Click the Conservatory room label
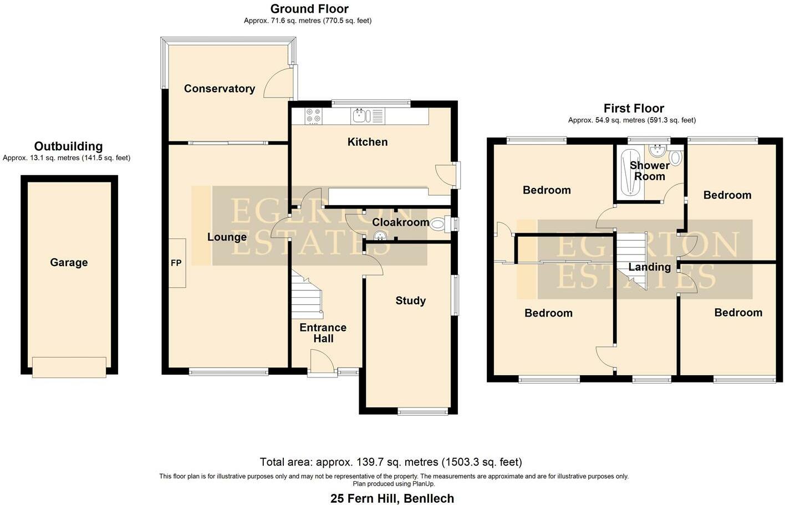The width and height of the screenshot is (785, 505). [219, 89]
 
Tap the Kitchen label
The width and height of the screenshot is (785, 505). [367, 142]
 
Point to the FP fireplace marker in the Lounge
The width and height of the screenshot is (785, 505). [176, 263]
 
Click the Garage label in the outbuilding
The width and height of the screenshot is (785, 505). [69, 262]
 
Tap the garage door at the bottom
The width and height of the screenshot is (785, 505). [69, 367]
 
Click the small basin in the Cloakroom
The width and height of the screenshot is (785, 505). [380, 236]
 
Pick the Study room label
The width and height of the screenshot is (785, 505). [410, 300]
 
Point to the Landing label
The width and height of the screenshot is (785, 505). [649, 267]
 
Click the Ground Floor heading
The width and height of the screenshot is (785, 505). [309, 9]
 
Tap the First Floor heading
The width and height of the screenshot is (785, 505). [634, 108]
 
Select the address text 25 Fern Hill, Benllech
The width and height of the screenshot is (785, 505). [392, 498]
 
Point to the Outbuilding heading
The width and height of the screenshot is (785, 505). [68, 146]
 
